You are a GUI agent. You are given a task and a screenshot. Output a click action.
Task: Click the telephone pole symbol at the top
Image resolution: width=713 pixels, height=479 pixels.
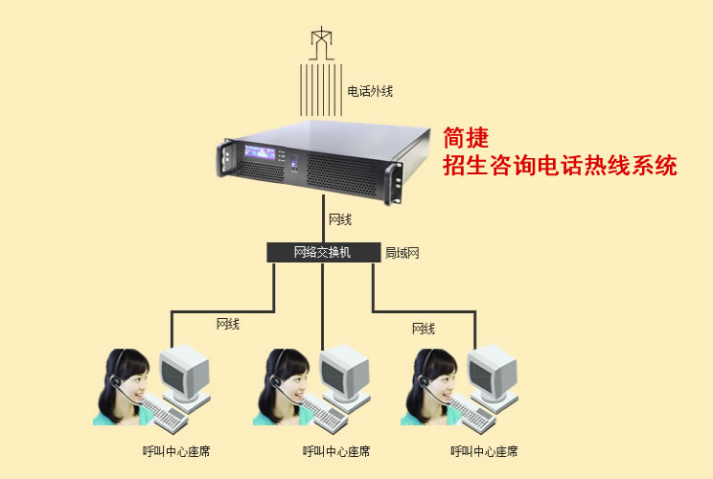[323, 42]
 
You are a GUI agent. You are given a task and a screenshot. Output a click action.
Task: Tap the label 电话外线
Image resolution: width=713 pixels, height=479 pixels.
[370, 92]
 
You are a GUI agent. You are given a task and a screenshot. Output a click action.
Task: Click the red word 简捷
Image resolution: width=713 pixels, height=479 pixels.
[466, 137]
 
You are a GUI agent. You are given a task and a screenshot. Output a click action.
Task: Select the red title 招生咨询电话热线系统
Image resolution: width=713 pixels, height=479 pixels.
[560, 165]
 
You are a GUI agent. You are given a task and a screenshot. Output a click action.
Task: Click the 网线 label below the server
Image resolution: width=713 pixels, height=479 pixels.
[340, 219]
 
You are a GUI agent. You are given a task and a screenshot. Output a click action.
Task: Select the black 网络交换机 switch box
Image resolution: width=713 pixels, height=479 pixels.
[323, 253]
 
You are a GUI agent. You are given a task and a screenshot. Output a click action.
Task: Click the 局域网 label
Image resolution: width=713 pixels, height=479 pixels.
[402, 253]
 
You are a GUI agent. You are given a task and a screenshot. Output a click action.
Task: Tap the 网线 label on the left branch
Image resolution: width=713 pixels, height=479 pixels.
[228, 325]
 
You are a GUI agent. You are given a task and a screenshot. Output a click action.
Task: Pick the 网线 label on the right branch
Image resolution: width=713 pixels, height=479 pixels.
[423, 329]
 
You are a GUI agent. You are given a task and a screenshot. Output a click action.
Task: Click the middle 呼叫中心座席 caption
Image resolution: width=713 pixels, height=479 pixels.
[336, 451]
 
